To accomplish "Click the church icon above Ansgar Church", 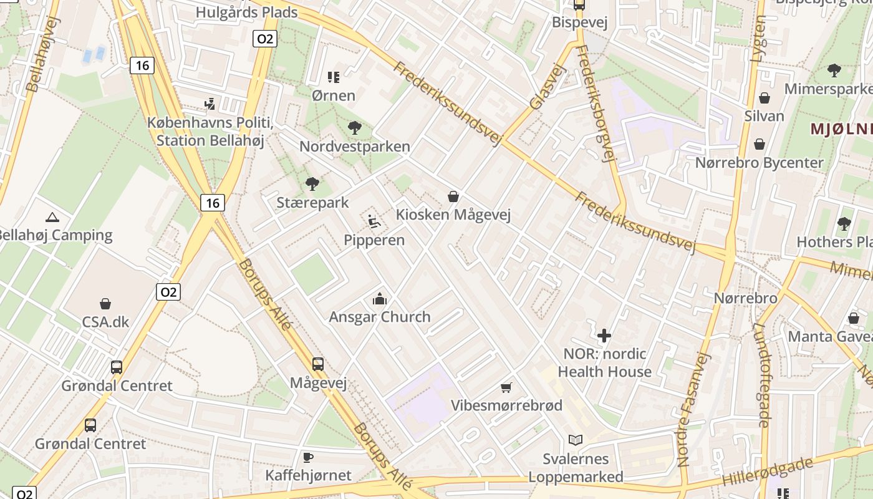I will (379, 299).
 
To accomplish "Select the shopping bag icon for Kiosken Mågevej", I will (453, 196).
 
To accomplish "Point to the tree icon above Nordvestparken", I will (354, 128).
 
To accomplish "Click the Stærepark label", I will (312, 203).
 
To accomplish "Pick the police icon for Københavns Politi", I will (210, 104).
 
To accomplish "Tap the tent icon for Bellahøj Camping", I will (52, 217).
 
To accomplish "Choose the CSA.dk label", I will (105, 322).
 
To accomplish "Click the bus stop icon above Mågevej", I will (318, 364).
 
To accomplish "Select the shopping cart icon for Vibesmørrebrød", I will (506, 387).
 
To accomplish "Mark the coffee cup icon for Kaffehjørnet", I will (308, 457).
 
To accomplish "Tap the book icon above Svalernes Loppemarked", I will (575, 440).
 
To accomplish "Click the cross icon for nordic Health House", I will (604, 336).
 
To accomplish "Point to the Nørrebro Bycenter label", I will (760, 163).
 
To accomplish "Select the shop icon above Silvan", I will (764, 98).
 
